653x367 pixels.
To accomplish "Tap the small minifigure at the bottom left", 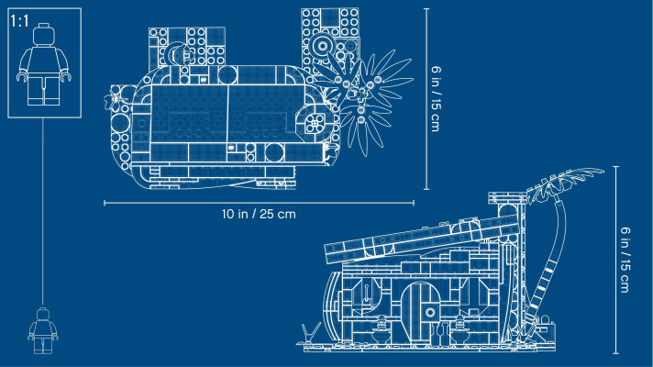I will tap(40, 329).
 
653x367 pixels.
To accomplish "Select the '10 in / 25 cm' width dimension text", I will tap(258, 214).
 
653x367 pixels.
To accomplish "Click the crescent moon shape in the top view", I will tap(175, 59).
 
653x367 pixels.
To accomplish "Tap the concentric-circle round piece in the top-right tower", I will tap(322, 45).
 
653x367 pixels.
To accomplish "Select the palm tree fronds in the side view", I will tap(564, 179).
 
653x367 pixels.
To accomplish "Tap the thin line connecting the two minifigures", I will tap(41, 211).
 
